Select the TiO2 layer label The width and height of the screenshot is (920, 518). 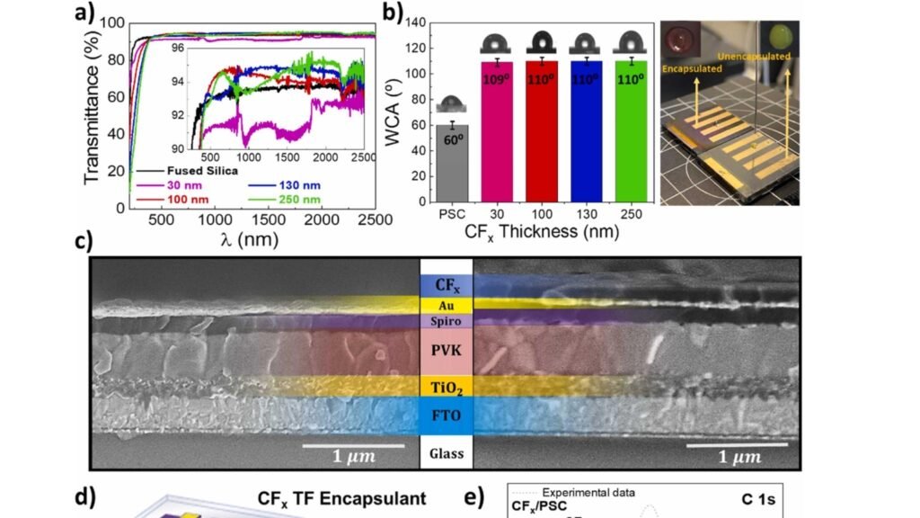[447, 387]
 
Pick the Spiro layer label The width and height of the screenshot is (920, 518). [447, 321]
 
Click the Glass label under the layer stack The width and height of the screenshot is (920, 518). [447, 454]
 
